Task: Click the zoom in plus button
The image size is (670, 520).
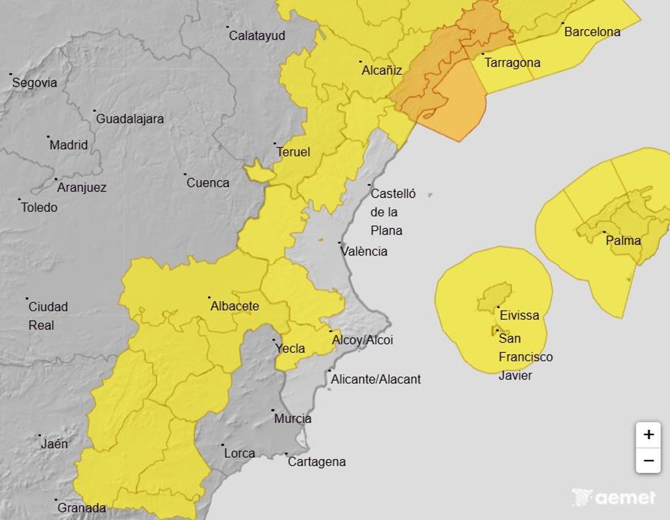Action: coord(648,435)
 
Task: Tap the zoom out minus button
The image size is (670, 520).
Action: coord(648,461)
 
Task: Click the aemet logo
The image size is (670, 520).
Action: coord(614,497)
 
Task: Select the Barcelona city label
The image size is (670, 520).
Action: coord(592,32)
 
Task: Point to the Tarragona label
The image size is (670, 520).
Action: coord(512,62)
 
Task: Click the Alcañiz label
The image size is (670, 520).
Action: coord(382,70)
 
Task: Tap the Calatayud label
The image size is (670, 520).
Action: coord(257,36)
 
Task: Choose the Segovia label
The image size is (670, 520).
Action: coord(35,83)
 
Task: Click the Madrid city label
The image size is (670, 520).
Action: coord(69,145)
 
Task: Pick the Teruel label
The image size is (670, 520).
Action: coord(293,152)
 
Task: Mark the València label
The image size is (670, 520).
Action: coord(364,251)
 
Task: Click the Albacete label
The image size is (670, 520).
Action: coord(234,306)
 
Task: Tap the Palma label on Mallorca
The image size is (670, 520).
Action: coord(624,241)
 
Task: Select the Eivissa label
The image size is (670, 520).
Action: coord(519,315)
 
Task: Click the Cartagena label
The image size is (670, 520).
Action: coord(317,462)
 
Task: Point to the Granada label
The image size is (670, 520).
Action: coord(82,508)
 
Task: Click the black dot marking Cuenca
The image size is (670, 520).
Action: coord(185,174)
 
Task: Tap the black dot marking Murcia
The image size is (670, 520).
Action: coord(273,410)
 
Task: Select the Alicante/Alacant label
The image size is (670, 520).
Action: coord(376,379)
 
